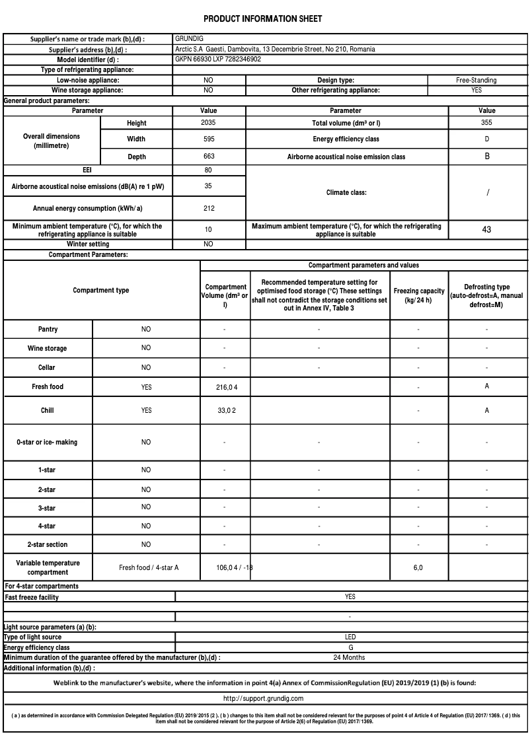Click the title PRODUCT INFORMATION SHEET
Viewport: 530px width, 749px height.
tap(262, 19)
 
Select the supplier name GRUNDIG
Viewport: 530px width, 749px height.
tap(189, 39)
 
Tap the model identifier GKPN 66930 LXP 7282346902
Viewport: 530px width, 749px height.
tap(218, 59)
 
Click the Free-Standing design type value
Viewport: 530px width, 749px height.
tap(476, 80)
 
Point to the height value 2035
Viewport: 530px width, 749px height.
tap(208, 123)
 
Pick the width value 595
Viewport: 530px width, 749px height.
tap(208, 139)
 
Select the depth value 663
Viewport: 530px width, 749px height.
tap(208, 157)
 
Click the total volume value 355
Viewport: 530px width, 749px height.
tap(486, 123)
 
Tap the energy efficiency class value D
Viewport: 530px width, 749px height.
tap(486, 139)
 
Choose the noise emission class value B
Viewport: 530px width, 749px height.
tap(487, 157)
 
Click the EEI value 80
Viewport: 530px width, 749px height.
tap(208, 170)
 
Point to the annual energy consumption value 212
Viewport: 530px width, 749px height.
tap(208, 208)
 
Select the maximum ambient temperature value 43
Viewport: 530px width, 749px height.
tap(486, 230)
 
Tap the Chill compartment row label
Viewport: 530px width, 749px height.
tap(48, 410)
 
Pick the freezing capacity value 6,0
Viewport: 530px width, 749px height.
tap(418, 567)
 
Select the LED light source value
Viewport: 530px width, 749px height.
tap(350, 637)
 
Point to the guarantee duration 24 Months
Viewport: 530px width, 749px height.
tap(350, 658)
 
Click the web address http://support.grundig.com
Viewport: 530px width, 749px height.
tap(263, 698)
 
